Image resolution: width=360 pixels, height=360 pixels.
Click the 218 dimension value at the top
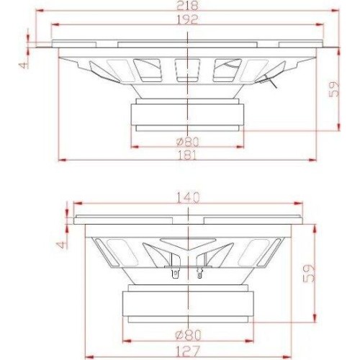(x=187, y=6)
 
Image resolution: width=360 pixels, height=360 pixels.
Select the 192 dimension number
(x=187, y=19)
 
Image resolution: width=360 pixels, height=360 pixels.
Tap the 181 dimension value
(x=187, y=156)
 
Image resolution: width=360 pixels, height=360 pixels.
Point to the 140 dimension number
(x=188, y=199)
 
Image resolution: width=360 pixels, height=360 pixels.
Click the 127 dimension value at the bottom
(x=188, y=351)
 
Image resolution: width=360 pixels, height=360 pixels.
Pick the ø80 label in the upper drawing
(x=188, y=142)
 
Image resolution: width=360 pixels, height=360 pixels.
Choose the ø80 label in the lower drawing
(x=188, y=336)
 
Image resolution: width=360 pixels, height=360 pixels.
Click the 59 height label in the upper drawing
(x=334, y=89)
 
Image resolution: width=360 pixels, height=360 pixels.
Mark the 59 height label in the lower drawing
(x=309, y=274)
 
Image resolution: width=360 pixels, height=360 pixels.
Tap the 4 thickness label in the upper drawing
(x=24, y=64)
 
